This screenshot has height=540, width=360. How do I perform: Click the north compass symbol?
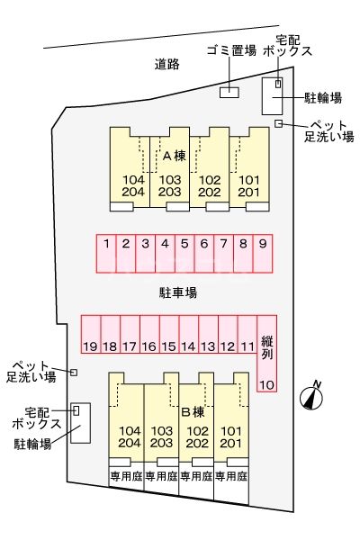click(312, 395)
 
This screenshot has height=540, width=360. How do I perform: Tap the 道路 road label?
click(166, 64)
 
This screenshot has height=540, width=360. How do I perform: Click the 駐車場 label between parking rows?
click(178, 292)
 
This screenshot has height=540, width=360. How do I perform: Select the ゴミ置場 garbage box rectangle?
click(229, 91)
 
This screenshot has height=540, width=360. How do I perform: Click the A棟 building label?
click(174, 155)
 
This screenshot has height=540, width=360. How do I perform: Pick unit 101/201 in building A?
click(249, 185)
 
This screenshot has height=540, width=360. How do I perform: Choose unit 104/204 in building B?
click(128, 436)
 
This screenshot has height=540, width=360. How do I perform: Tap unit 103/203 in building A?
click(170, 185)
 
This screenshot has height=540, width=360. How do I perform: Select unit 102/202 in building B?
click(196, 436)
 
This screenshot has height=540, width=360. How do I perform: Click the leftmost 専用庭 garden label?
click(125, 476)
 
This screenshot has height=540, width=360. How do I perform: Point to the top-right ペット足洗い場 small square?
click(279, 123)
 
